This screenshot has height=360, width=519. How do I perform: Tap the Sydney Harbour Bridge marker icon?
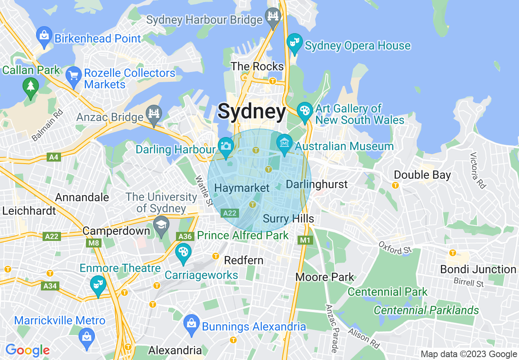(273, 16)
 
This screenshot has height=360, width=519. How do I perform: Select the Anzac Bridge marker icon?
(154, 114)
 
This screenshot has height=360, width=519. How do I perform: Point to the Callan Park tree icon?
(31, 86)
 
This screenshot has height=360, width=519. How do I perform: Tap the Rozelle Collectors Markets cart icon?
(74, 76)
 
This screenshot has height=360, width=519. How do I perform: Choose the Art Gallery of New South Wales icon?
(305, 111)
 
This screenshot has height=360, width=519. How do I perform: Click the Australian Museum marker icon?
(284, 143)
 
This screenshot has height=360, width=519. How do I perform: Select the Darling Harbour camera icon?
(226, 145)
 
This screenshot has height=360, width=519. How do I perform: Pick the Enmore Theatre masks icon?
(98, 283)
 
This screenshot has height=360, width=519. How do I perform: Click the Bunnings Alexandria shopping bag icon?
(191, 322)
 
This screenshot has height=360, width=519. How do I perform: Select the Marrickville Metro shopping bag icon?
(87, 337)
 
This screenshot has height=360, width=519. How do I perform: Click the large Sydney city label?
(252, 112)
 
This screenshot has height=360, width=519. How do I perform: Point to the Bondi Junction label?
(478, 269)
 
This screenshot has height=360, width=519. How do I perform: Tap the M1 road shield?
(305, 240)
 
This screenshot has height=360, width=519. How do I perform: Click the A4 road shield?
(53, 157)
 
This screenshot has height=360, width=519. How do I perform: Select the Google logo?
(27, 350)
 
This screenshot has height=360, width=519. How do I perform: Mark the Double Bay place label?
(422, 175)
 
